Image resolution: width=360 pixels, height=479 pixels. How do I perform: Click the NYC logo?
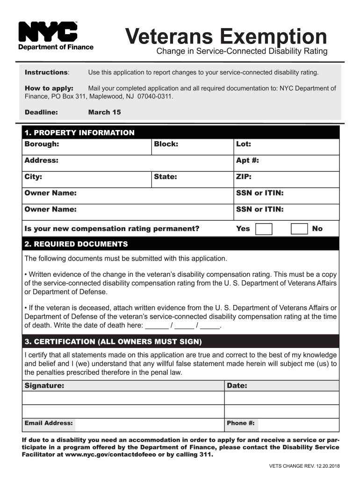tap(48, 32)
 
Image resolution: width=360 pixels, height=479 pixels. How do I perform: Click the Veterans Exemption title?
tap(226, 36)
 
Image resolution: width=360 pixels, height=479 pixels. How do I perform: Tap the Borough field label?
tap(42, 144)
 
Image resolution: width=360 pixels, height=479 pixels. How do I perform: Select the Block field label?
tap(166, 144)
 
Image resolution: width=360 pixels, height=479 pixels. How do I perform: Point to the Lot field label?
tap(244, 144)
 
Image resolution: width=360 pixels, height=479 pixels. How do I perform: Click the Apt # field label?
tap(247, 160)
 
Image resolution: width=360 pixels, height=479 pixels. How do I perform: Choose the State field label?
tap(166, 177)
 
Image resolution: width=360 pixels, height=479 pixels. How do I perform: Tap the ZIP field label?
tap(244, 177)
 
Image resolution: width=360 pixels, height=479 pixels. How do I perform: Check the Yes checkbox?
tap(264, 229)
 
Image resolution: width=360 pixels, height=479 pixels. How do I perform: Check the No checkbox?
tap(299, 229)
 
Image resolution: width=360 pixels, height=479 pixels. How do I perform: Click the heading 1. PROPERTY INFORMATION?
tap(79, 133)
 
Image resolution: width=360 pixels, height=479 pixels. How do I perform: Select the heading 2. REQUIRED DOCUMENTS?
tap(76, 244)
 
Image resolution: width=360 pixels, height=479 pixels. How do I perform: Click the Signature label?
tap(44, 386)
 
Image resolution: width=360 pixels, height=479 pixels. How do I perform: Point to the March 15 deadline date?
tap(104, 112)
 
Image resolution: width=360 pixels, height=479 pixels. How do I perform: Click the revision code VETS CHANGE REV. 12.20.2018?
tap(304, 466)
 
